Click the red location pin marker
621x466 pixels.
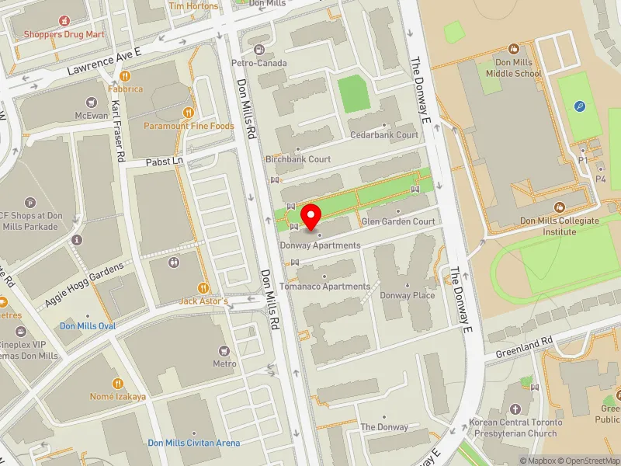(311, 217)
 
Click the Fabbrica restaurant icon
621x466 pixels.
(124, 77)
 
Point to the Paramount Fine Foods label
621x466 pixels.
(189, 126)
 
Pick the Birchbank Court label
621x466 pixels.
(298, 159)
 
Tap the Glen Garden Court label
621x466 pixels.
(398, 221)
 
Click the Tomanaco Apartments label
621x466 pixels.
(325, 287)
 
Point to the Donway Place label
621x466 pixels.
(407, 295)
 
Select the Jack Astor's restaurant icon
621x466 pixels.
(204, 288)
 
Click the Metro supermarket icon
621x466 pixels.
(225, 351)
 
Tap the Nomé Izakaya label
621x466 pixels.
(118, 396)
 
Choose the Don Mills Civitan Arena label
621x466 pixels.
(194, 443)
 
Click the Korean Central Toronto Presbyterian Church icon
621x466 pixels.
(513, 408)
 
